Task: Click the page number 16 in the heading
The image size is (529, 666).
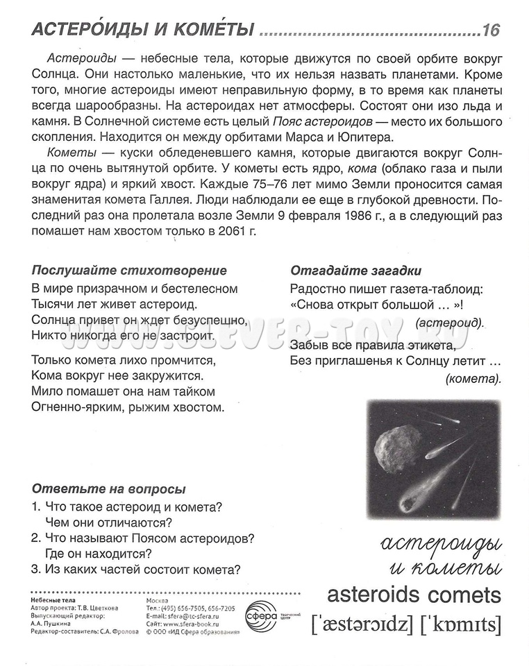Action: tap(490, 30)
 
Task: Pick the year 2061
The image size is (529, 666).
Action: tap(224, 231)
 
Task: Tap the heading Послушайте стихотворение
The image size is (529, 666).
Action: tap(129, 271)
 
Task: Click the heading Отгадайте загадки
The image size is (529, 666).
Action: tap(355, 271)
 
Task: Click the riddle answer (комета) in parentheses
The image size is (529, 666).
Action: tap(473, 378)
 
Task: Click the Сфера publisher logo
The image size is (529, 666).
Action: tap(262, 614)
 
